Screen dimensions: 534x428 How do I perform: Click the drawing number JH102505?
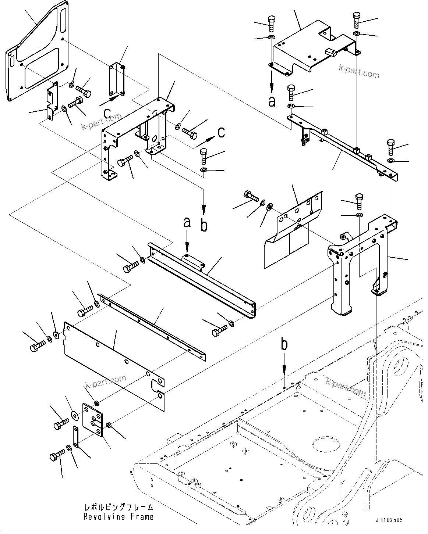[389, 520]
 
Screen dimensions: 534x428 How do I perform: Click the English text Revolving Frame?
[118, 517]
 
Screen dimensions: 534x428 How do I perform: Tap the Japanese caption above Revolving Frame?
[119, 508]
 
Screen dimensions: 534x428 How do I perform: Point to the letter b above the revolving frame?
[284, 345]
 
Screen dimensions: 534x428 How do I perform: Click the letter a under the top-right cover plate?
[272, 101]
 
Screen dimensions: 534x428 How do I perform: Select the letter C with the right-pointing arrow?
[221, 132]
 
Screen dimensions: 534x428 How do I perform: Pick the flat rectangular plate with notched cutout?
[114, 364]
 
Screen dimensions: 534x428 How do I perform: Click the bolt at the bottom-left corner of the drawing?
[55, 458]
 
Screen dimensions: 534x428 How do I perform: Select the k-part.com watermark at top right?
[359, 72]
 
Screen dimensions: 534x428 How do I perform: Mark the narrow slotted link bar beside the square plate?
[76, 437]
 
